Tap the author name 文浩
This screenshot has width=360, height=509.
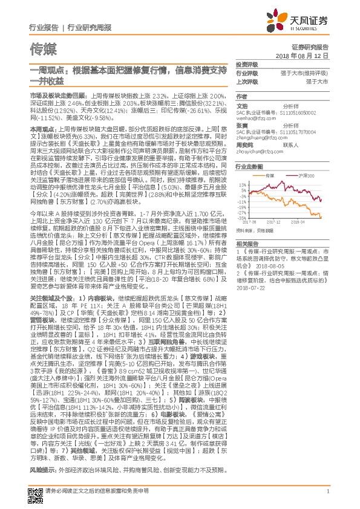click(241, 105)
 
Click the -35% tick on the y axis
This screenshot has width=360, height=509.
click(242, 218)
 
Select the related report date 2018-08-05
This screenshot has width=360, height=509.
click(271, 265)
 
